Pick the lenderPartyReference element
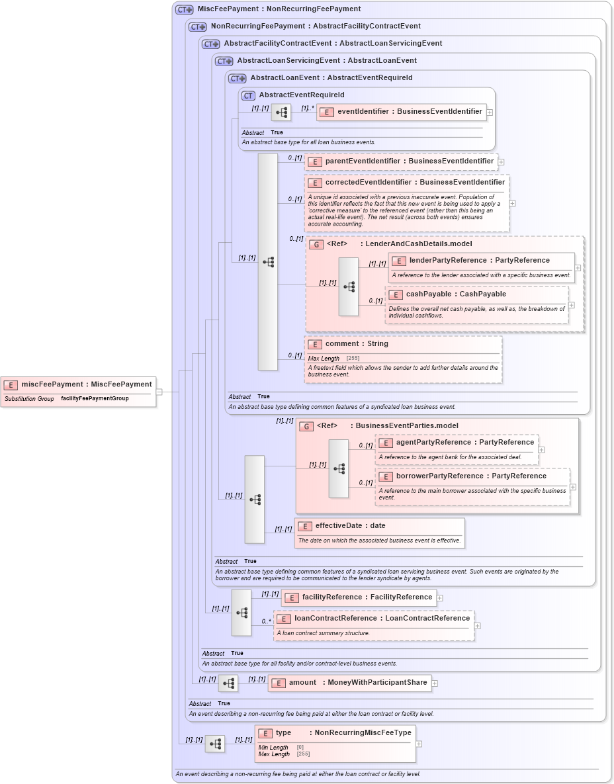coord(480,260)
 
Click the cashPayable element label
coord(456,294)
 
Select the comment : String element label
coord(357,344)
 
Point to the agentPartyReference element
coord(464,442)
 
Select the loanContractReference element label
coord(382,619)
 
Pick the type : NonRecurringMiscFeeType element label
coord(343,732)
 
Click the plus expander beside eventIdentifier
coord(490,112)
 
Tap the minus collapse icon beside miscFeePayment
coord(159,392)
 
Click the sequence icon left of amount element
coord(228,683)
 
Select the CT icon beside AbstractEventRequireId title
coord(248,95)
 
